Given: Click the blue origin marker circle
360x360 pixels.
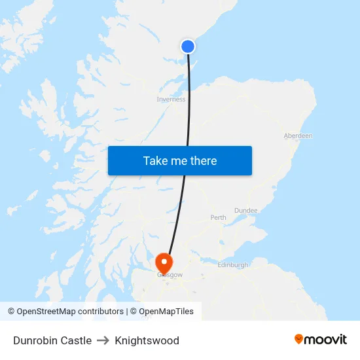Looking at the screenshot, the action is pos(188,46).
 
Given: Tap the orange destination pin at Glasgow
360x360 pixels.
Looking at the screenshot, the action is pos(163,263).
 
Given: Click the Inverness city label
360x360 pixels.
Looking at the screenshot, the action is pos(171,99).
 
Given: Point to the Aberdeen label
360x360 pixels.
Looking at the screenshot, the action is pos(298,135).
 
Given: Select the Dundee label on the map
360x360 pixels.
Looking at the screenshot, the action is pos(245,210).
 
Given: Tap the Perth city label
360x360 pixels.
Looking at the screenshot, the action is pos(218,217).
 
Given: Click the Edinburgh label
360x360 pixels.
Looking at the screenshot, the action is pos(232,265).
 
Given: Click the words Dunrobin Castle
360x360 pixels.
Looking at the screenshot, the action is pos(52,340).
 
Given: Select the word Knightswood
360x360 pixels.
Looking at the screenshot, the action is pos(147,340).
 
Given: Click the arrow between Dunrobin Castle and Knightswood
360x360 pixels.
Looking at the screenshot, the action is pos(103,340).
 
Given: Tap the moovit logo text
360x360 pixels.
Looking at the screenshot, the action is pos(326,340).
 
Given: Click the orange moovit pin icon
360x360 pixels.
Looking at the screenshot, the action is pos(299,339).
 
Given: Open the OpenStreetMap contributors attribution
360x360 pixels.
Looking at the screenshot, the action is pos(65,312).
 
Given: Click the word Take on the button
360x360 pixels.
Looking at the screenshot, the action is pos(156,161).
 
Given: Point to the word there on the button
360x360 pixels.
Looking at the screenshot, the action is pos(203,161).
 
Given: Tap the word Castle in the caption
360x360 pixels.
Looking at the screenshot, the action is pos(76,340).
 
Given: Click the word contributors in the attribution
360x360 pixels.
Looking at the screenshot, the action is pos(100,312).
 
